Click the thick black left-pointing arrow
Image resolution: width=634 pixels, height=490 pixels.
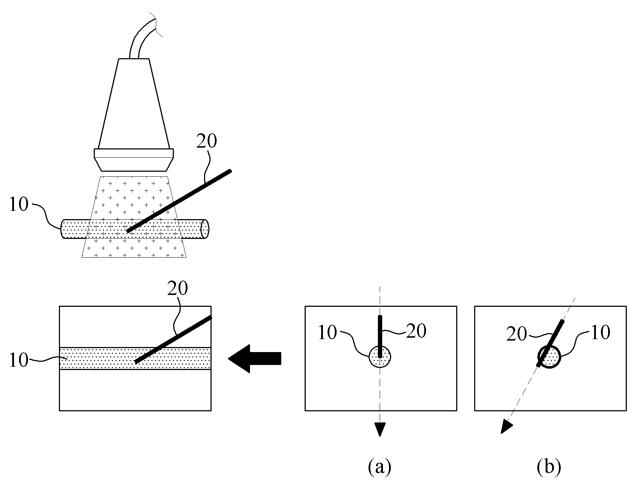coord(254,359)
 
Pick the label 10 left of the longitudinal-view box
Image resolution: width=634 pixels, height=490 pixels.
coord(19,360)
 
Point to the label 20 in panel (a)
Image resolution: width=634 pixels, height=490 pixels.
coord(416,331)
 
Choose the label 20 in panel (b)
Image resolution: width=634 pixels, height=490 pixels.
coord(517,334)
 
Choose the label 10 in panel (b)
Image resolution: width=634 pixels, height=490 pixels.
coord(600,333)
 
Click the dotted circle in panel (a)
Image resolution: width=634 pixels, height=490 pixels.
coord(380,357)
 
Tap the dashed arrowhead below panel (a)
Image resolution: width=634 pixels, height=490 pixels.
coord(380,429)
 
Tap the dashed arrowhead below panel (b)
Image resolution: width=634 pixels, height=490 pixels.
coord(505,427)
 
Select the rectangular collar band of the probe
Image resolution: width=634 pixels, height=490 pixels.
coord(134,153)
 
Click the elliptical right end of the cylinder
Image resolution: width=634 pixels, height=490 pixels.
coord(205,228)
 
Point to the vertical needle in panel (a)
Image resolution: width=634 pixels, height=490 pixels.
coord(380,336)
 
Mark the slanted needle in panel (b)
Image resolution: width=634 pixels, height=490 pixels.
coord(550,343)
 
